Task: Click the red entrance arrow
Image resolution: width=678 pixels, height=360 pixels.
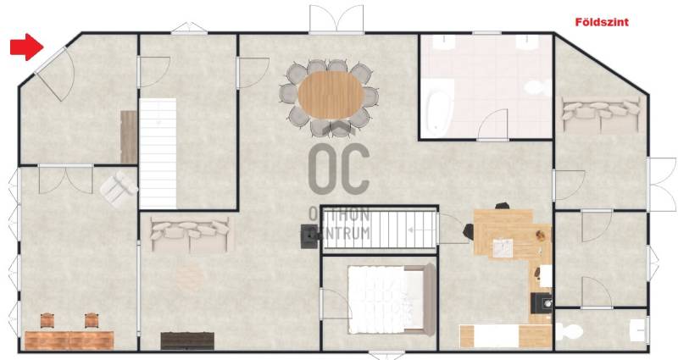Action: [x=27, y=47]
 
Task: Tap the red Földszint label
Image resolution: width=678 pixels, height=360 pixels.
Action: [x=602, y=22]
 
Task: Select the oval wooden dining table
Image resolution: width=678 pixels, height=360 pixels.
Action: [x=331, y=95]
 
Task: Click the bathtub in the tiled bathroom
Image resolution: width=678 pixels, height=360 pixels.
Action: [x=440, y=106]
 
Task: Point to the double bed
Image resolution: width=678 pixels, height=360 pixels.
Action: [x=392, y=300]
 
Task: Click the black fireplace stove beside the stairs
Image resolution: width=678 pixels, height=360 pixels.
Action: [x=309, y=237]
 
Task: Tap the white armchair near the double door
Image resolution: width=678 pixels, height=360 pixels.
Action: [x=119, y=188]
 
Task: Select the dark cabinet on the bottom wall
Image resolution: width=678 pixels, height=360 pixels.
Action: [x=187, y=341]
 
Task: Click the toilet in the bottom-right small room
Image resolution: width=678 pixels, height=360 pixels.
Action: [x=569, y=331]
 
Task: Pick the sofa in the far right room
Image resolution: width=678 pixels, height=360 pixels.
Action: [x=601, y=114]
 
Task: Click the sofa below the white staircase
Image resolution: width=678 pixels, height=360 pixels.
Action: [x=189, y=235]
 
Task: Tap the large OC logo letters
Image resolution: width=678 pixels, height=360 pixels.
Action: [x=340, y=169]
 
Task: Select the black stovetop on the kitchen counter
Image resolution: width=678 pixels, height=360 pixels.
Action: [x=542, y=303]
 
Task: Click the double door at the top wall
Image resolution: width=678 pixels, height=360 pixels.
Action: [x=336, y=19]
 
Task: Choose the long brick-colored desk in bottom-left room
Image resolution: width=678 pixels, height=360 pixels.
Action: [x=69, y=341]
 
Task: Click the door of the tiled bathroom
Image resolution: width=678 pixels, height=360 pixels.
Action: [x=492, y=125]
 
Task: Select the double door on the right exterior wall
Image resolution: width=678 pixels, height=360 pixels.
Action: [x=662, y=184]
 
